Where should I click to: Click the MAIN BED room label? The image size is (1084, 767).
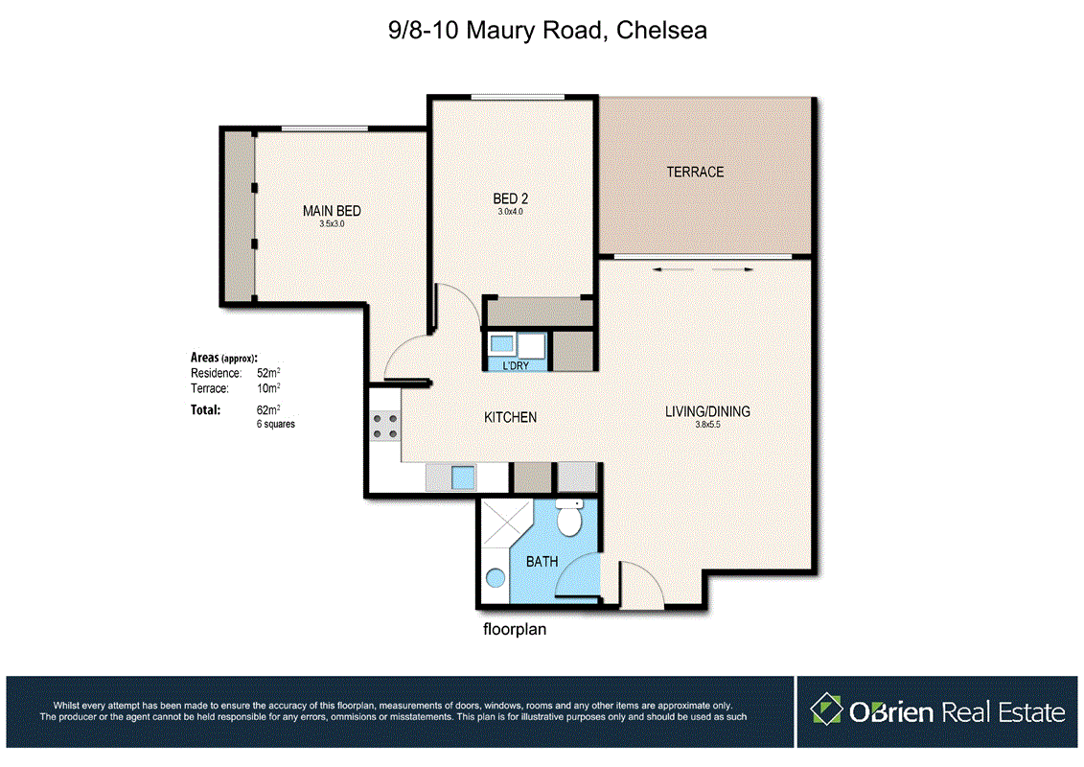tap(332, 211)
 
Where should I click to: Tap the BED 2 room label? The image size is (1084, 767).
tap(510, 198)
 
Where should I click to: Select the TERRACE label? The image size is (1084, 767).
tap(695, 172)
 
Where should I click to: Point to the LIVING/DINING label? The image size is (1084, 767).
tap(707, 411)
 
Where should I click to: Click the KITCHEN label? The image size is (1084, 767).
tap(510, 417)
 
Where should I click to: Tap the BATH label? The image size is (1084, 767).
tap(542, 562)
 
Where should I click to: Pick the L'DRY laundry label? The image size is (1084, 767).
tap(516, 365)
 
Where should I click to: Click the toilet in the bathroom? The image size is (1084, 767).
tap(569, 517)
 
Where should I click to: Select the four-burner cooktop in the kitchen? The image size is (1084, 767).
tap(385, 427)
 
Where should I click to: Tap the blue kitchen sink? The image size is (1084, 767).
tap(463, 477)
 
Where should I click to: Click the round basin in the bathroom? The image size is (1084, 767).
tap(495, 577)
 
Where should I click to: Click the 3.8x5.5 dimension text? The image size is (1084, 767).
tap(707, 425)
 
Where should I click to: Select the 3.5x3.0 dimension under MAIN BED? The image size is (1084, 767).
tap(332, 224)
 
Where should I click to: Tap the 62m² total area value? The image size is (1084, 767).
tap(268, 409)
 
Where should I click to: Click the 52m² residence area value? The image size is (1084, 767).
tap(268, 373)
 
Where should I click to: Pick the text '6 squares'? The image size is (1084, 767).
tap(276, 424)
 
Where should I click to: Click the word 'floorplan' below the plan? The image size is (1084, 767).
tap(515, 629)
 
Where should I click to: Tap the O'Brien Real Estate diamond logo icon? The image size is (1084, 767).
tap(827, 709)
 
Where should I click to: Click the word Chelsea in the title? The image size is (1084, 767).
tap(661, 31)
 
